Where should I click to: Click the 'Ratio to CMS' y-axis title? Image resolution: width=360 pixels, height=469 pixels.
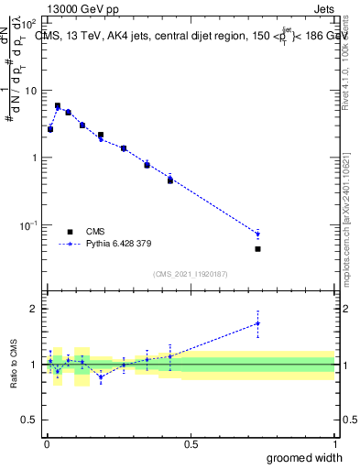point(13,364)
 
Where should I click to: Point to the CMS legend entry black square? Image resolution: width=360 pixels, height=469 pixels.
point(70,232)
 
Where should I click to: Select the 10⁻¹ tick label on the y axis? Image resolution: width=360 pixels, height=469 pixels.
point(28,224)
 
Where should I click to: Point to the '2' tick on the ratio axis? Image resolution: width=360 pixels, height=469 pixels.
point(33,309)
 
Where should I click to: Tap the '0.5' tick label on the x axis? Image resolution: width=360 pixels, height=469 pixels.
point(191,443)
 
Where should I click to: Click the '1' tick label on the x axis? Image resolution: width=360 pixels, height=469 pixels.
point(334,443)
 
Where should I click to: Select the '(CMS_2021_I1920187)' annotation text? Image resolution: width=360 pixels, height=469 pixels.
point(189,273)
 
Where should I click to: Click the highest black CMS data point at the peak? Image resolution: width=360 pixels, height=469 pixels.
point(58,106)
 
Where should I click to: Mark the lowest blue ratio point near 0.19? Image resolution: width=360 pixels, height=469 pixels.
point(101,376)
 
